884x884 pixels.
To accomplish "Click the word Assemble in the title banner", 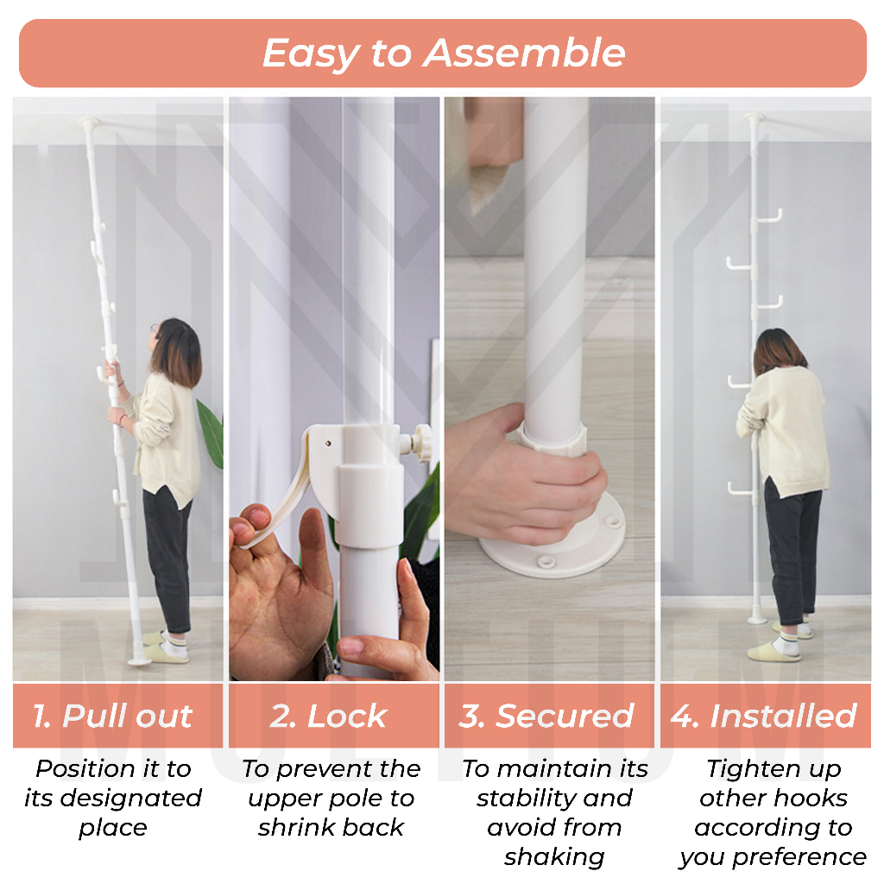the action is click(x=524, y=54).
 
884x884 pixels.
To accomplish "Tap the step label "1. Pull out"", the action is click(x=112, y=716).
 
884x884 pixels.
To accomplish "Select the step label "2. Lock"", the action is click(x=328, y=716).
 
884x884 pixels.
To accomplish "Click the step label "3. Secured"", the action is click(x=546, y=717).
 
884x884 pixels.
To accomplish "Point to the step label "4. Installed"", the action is click(x=764, y=716).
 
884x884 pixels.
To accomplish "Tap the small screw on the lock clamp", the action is click(x=328, y=444).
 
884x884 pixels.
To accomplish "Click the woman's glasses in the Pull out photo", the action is click(x=154, y=328).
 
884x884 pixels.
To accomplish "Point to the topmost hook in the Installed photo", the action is click(x=769, y=217).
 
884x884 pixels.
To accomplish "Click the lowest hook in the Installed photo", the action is click(x=740, y=489).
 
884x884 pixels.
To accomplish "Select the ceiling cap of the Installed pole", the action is click(x=754, y=117).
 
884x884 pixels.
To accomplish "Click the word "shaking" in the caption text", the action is click(x=554, y=857).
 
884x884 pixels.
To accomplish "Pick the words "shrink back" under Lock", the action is click(x=331, y=828).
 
